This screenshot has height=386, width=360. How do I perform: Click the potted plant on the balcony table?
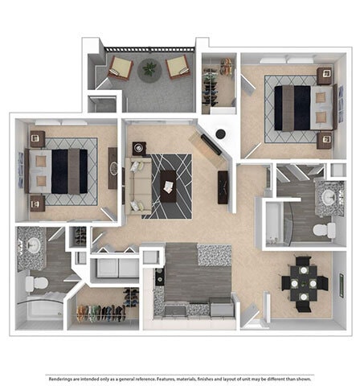pyautogui.click(x=149, y=69)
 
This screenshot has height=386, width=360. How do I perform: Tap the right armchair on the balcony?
pyautogui.click(x=178, y=68)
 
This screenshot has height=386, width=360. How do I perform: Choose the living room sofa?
pyautogui.click(x=137, y=186)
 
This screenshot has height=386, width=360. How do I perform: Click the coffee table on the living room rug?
pyautogui.click(x=169, y=185)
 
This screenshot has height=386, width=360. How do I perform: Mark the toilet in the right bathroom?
pyautogui.click(x=324, y=231)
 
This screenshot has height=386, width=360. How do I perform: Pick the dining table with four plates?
pyautogui.click(x=305, y=282)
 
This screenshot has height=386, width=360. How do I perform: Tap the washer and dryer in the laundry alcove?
pyautogui.click(x=114, y=267)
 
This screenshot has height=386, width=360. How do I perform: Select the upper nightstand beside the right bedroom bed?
pyautogui.click(x=324, y=76)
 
